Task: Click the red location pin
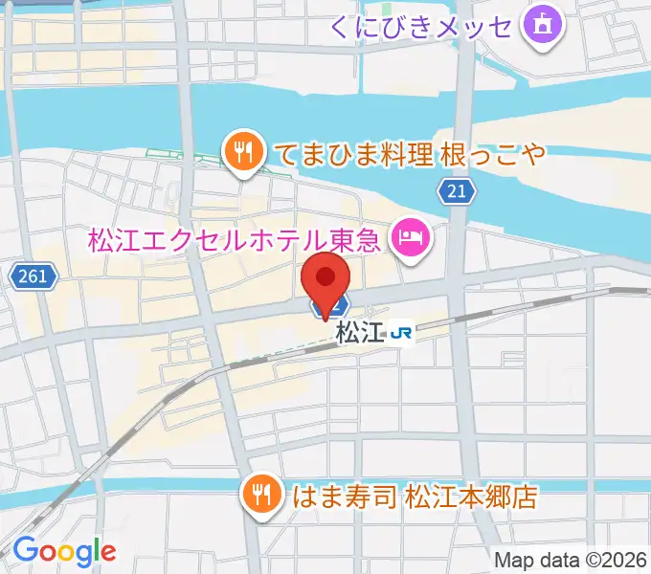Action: [x=325, y=280]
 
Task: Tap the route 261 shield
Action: [x=32, y=276]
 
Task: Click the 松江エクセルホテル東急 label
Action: [x=236, y=235]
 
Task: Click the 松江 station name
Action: [x=360, y=333]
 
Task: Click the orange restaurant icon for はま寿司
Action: [x=260, y=496]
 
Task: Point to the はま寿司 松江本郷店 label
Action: [x=414, y=497]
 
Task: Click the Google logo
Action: [x=64, y=550]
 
